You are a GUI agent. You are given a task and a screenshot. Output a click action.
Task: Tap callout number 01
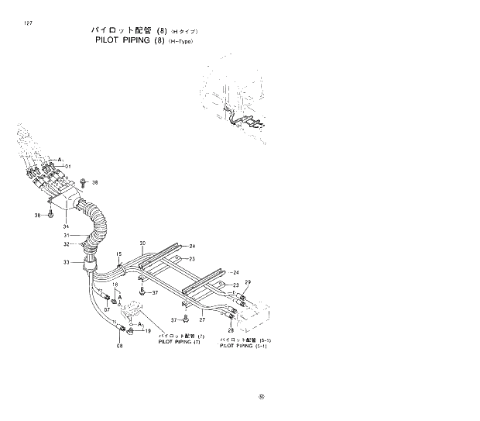(x=67, y=167)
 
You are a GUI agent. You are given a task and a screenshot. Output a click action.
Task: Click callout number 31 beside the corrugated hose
(x=67, y=236)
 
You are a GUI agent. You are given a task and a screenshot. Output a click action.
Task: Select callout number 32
(x=67, y=245)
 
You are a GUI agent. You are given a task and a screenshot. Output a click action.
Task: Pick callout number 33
(x=67, y=263)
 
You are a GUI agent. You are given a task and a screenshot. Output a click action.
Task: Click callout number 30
(x=142, y=243)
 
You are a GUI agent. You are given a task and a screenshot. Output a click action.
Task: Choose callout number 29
(x=248, y=281)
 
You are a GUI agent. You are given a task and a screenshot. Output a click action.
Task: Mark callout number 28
(x=231, y=330)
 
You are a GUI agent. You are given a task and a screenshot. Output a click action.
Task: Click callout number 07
(x=108, y=310)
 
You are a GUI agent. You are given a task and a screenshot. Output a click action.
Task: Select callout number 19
(x=148, y=330)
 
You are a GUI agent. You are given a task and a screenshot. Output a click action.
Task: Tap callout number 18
(x=115, y=285)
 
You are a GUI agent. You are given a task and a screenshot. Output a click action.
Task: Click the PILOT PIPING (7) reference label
(x=179, y=342)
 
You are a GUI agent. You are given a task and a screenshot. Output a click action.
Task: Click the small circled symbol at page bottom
(x=262, y=399)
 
